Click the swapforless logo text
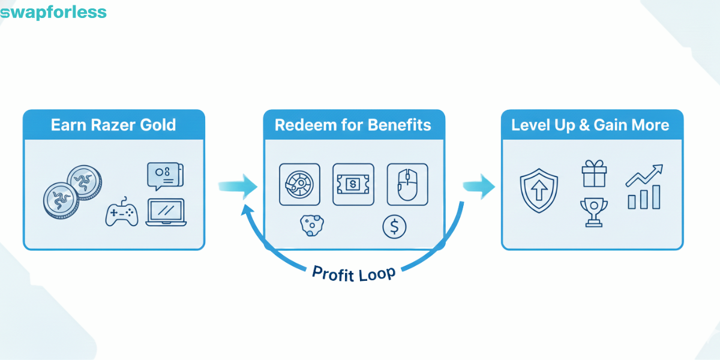pyautogui.click(x=53, y=12)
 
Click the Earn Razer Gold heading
pyautogui.click(x=113, y=125)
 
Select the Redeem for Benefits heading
pyautogui.click(x=353, y=125)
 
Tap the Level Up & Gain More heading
pyautogui.click(x=590, y=125)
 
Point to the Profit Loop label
pyautogui.click(x=354, y=273)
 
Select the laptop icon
pyautogui.click(x=166, y=213)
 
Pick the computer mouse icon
pyautogui.click(x=407, y=184)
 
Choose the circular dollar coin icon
pyautogui.click(x=394, y=226)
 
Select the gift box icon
pyautogui.click(x=594, y=175)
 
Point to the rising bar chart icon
pyautogui.click(x=644, y=187)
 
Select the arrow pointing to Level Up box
pyautogui.click(x=479, y=187)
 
